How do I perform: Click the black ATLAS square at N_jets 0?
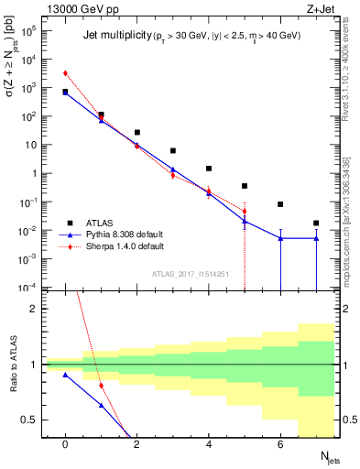tap(65, 92)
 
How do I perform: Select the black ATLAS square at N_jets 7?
tap(316, 223)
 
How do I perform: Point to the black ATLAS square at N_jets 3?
tap(173, 150)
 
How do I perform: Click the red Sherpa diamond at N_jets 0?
tap(65, 73)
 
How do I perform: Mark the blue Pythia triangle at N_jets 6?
tap(280, 238)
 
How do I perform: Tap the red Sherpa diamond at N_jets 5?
tap(245, 212)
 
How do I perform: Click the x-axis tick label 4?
tap(209, 444)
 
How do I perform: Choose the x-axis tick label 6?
tap(280, 444)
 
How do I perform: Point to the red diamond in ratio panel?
tap(101, 386)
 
